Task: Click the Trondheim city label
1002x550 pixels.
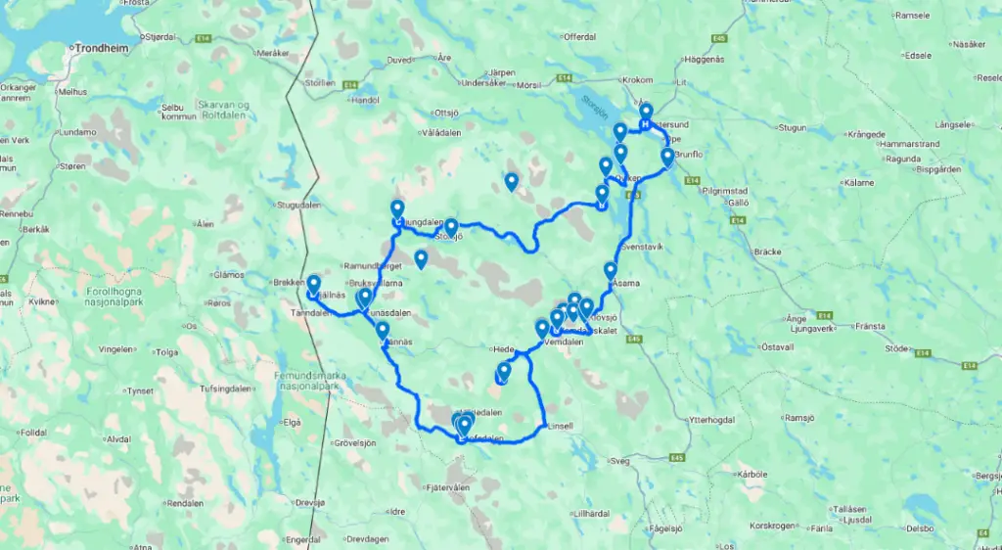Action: pos(99,45)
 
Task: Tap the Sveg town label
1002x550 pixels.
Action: pos(620,459)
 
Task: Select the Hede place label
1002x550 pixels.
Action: pos(503,347)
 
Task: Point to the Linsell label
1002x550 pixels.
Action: pos(561,426)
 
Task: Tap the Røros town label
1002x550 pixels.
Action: pos(246,303)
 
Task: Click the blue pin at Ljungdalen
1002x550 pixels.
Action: pos(397,208)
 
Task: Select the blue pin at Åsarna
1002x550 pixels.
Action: pos(611,269)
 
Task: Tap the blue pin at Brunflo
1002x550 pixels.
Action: pos(667,156)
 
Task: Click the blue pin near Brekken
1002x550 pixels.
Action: pos(313,283)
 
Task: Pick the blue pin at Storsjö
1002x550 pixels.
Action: pos(451,226)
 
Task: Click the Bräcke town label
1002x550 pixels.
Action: pos(767,252)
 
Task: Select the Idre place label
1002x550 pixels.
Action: pos(397,511)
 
